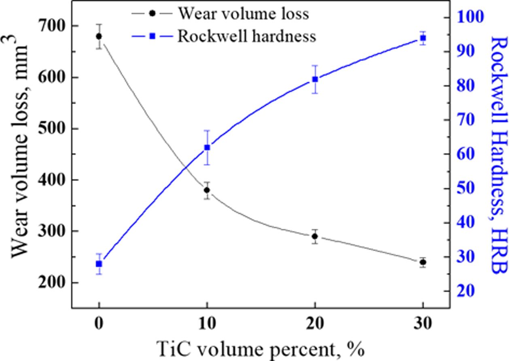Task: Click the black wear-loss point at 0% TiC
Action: pos(99,36)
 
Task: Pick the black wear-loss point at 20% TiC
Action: pos(315,236)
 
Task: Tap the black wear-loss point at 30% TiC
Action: pos(423,262)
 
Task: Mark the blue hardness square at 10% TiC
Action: pos(207,147)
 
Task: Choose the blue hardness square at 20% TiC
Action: pos(315,79)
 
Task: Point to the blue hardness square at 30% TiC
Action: pos(423,38)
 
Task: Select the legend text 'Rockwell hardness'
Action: pos(246,36)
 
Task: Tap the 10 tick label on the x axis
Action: pos(207,325)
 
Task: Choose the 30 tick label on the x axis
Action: pos(423,325)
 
